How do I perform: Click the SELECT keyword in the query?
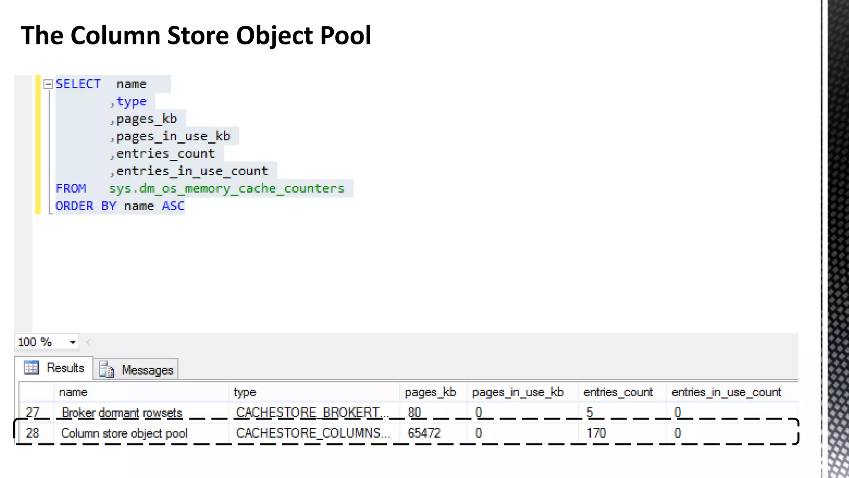[x=78, y=84]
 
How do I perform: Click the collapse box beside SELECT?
[x=48, y=84]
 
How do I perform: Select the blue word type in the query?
[x=131, y=102]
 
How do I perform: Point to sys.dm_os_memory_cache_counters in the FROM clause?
[x=226, y=189]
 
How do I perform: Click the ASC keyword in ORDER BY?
[x=173, y=206]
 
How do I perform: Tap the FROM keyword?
[x=71, y=189]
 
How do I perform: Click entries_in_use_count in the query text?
[x=192, y=171]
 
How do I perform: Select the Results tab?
[x=55, y=368]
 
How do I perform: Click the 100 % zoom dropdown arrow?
[x=73, y=342]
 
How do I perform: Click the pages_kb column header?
[x=430, y=392]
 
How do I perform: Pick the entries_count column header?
[x=618, y=392]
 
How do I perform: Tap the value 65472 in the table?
[x=424, y=433]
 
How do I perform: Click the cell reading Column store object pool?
[x=124, y=433]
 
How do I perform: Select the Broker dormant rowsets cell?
[x=122, y=412]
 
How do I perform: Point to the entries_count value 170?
[x=596, y=433]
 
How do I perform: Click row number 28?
[x=32, y=433]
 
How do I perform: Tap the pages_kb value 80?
[x=414, y=412]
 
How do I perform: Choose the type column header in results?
[x=245, y=392]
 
